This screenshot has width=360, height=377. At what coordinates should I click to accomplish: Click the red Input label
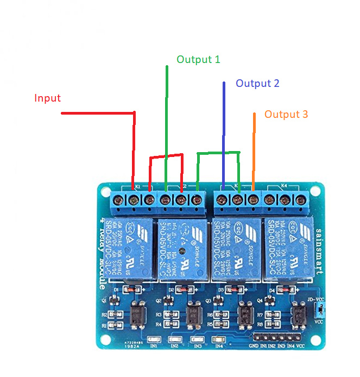coord(47,98)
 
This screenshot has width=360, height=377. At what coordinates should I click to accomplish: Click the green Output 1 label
coord(198,59)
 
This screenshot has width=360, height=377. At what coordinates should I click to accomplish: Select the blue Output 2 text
coord(257,83)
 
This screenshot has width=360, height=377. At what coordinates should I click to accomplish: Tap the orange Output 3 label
coord(286,114)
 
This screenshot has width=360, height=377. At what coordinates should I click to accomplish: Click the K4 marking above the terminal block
coord(283,186)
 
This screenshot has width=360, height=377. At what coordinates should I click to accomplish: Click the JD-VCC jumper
coord(320,310)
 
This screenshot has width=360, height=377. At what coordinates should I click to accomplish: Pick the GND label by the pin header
coord(254,345)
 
